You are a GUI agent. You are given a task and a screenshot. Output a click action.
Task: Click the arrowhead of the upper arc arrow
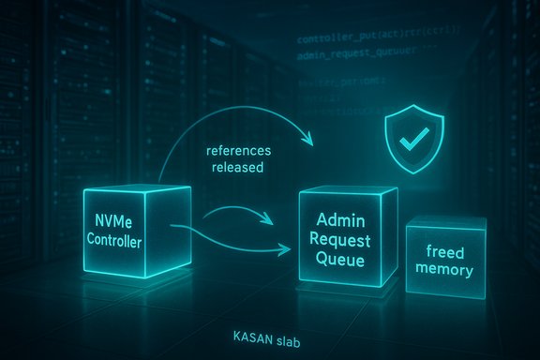point(309,141)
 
